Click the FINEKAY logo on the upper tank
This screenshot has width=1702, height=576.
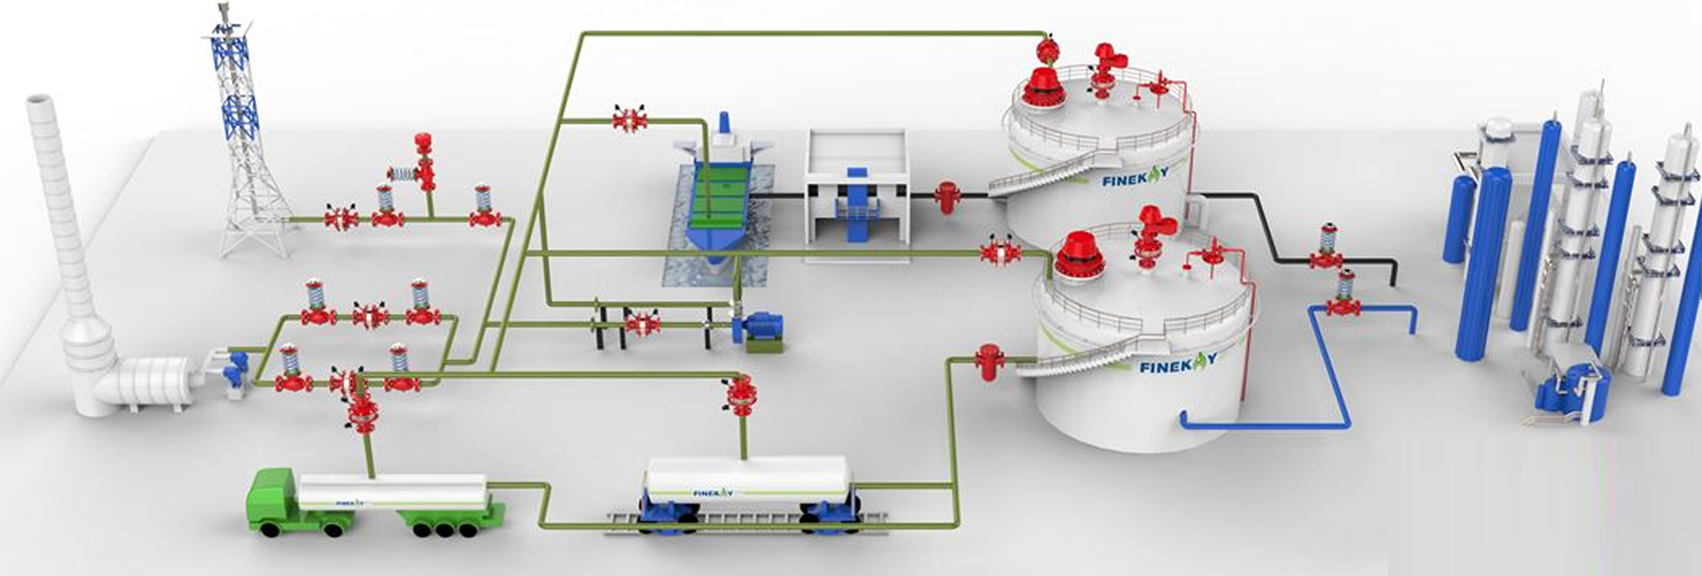(1136, 178)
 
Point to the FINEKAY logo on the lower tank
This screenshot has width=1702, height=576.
(1178, 362)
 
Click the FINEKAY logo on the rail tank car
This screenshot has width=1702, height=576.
(713, 492)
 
